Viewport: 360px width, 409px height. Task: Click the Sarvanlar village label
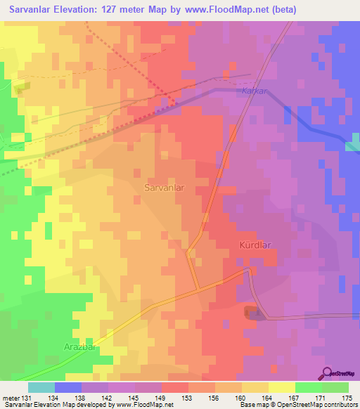click(165, 188)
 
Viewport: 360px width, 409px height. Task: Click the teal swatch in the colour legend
click(41, 387)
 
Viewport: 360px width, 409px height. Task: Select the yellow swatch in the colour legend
click(281, 387)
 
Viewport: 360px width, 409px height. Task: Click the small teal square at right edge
click(353, 145)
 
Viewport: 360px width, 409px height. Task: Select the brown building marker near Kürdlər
click(250, 311)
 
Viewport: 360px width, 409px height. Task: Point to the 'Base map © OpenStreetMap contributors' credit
click(297, 405)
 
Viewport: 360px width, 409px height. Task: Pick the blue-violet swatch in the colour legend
click(68, 387)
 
